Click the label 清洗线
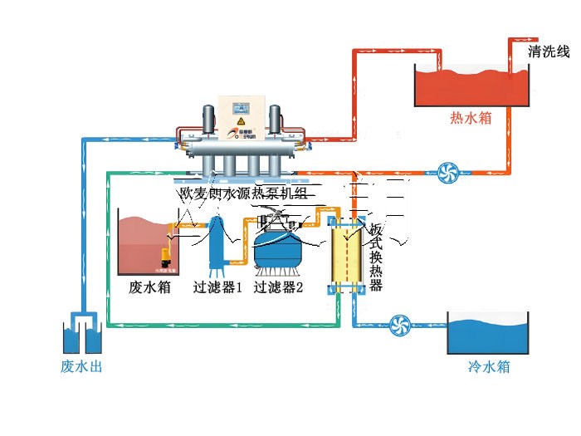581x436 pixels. tap(549, 52)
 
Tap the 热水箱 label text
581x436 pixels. tap(471, 118)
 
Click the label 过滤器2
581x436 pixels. tap(278, 288)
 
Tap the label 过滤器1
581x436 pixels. tap(217, 288)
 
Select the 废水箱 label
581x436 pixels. tap(149, 288)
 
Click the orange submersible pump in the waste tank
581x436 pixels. tap(165, 258)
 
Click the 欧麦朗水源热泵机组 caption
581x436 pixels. tap(243, 194)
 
